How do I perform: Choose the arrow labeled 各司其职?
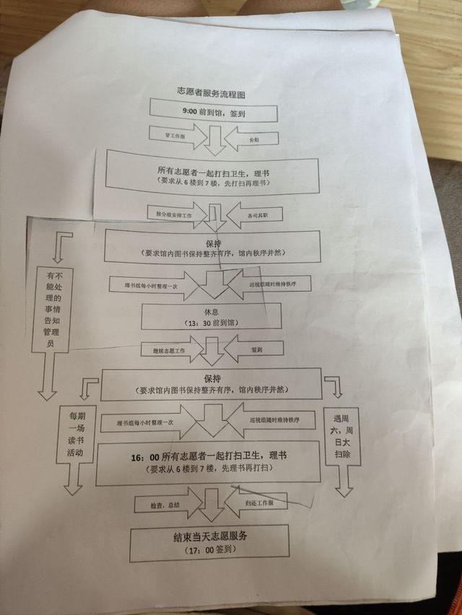[254, 216]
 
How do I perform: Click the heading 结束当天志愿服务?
[209, 536]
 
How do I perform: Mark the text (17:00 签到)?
[209, 550]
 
